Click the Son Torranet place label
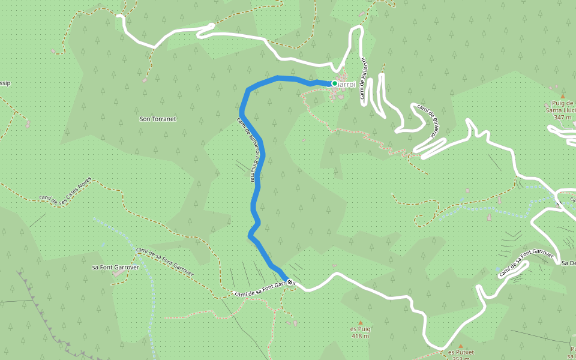point(158,119)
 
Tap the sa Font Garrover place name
point(115,267)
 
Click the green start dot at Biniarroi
point(334,83)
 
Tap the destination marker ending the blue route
point(290,282)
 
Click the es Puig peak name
point(361,329)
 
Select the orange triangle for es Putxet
point(461,346)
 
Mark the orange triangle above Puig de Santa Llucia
point(563,96)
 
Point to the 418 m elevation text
point(360,337)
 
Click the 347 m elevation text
point(563,118)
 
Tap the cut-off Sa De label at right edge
point(568,263)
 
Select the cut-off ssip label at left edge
point(5,83)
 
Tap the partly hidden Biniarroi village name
point(348,85)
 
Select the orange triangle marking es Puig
point(361,322)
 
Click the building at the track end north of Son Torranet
point(145,80)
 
